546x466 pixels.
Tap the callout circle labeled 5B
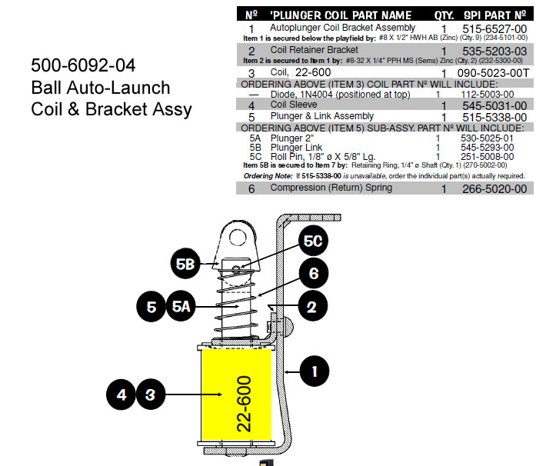coord(185,264)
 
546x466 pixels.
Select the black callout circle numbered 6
coord(313,273)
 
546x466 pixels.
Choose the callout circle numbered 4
coord(121,395)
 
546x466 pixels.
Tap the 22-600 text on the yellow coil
coord(245,404)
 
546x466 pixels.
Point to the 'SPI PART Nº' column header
coord(494,15)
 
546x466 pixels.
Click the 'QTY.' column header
coord(444,15)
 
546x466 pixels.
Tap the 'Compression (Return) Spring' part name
coord(331,188)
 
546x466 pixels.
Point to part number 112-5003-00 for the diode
coord(490,95)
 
